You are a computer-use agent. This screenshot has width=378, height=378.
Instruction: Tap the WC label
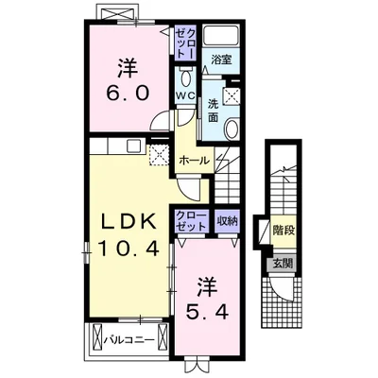[184, 95]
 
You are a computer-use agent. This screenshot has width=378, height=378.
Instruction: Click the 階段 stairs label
[282, 229]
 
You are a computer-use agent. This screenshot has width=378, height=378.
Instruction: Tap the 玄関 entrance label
[282, 264]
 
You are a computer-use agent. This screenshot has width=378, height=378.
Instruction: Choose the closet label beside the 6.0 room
[184, 43]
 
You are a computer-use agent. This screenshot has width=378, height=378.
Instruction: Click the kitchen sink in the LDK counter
[150, 152]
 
